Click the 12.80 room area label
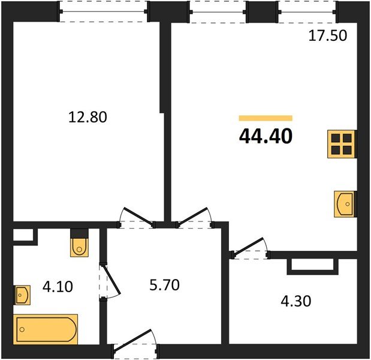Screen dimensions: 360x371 point(88,117)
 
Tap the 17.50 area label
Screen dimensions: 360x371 point(327,35)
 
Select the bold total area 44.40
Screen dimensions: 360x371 point(266,137)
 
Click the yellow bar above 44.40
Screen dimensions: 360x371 point(266,118)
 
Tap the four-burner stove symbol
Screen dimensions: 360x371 point(342,144)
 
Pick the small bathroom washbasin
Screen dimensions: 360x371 point(22,295)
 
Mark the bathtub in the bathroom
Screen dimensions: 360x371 point(47,328)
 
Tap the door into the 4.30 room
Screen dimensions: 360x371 point(250,249)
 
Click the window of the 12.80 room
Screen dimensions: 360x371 point(103,11)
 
